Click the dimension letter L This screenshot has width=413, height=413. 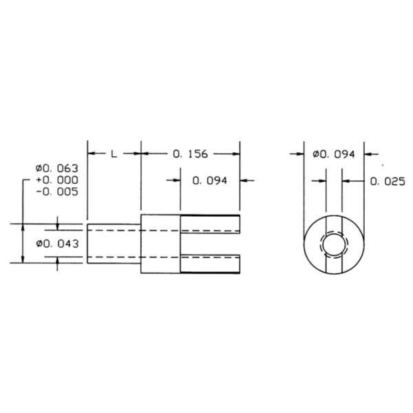[x=114, y=153]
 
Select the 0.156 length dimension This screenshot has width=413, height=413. [x=191, y=154]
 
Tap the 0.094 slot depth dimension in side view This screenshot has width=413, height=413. [x=210, y=180]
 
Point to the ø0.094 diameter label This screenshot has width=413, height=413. [x=334, y=154]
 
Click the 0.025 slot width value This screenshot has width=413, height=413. [x=388, y=182]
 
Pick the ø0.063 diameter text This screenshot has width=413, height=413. [x=57, y=169]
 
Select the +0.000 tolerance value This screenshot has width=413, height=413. [x=57, y=180]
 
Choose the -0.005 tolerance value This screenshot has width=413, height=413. [x=57, y=192]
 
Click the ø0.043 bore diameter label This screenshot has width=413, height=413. [x=57, y=244]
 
